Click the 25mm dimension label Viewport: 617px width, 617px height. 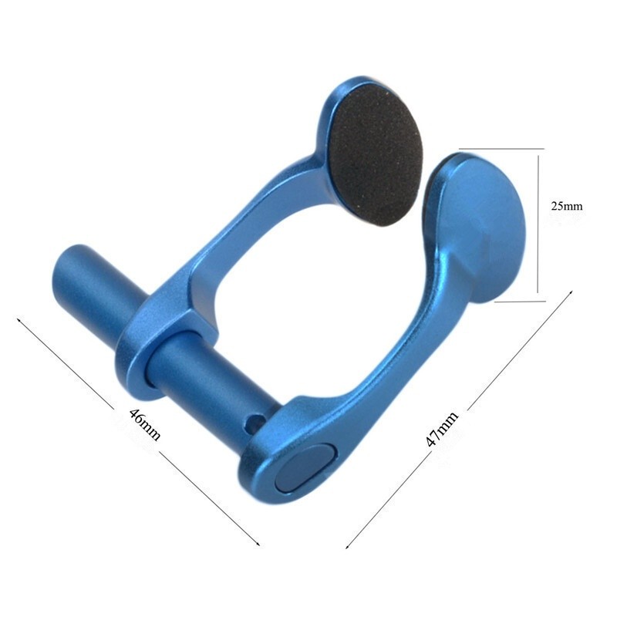pyautogui.click(x=567, y=206)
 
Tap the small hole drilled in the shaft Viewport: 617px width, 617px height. pyautogui.click(x=250, y=423)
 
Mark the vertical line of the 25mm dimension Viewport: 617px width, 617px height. pyautogui.click(x=538, y=224)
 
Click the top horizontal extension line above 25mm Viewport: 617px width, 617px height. pyautogui.click(x=501, y=148)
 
